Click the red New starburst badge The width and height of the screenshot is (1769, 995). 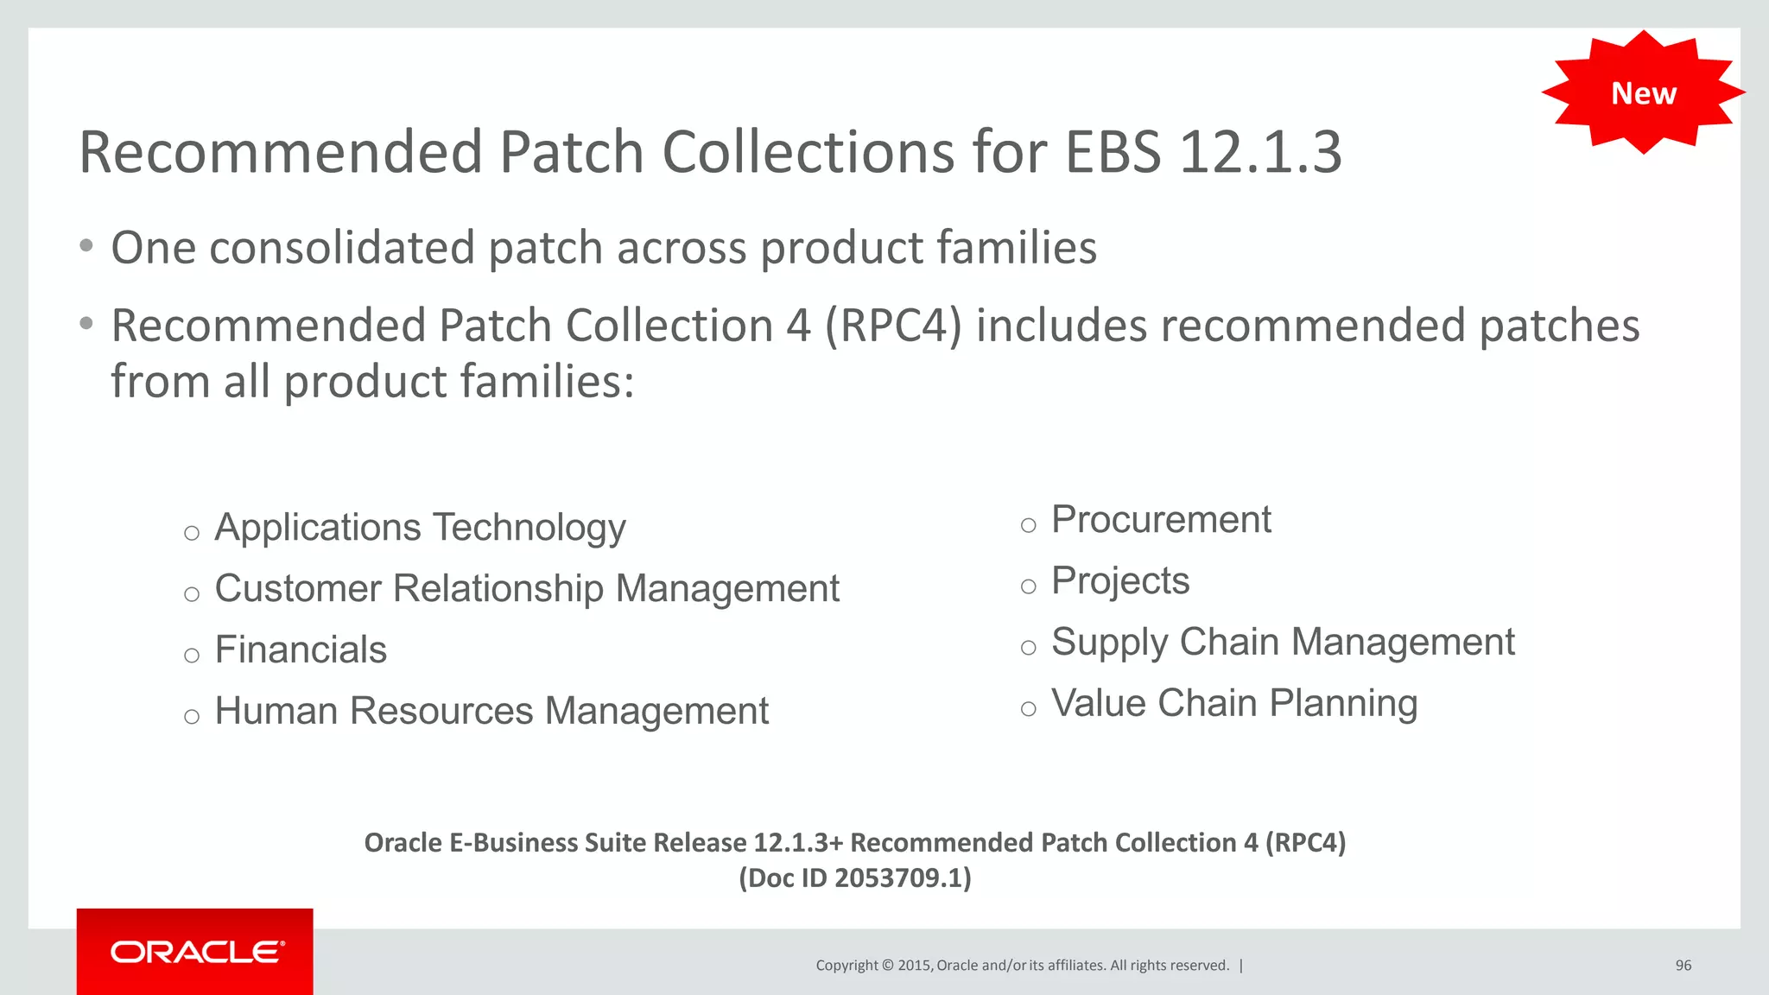coord(1643,92)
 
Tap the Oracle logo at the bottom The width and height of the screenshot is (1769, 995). coord(195,952)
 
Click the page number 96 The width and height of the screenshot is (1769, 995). coord(1683,966)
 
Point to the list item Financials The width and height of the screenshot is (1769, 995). coord(301,650)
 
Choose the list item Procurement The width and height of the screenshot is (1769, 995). coord(1161,520)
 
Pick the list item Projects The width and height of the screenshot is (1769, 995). coord(1120,581)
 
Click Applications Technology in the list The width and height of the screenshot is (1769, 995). coord(420,528)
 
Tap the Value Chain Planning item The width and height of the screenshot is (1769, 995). coord(1234,704)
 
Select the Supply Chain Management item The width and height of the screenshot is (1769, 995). coord(1283,643)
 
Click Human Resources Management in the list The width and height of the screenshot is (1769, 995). coord(491,712)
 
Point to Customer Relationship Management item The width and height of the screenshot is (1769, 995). coord(527,589)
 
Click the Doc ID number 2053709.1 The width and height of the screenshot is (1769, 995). coord(898,878)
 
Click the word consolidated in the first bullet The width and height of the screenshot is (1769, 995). coord(342,249)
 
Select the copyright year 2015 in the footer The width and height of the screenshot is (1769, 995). coord(914,966)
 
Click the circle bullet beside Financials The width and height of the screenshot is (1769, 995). coord(192,656)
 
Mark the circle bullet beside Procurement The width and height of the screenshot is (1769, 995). coord(1028,525)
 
